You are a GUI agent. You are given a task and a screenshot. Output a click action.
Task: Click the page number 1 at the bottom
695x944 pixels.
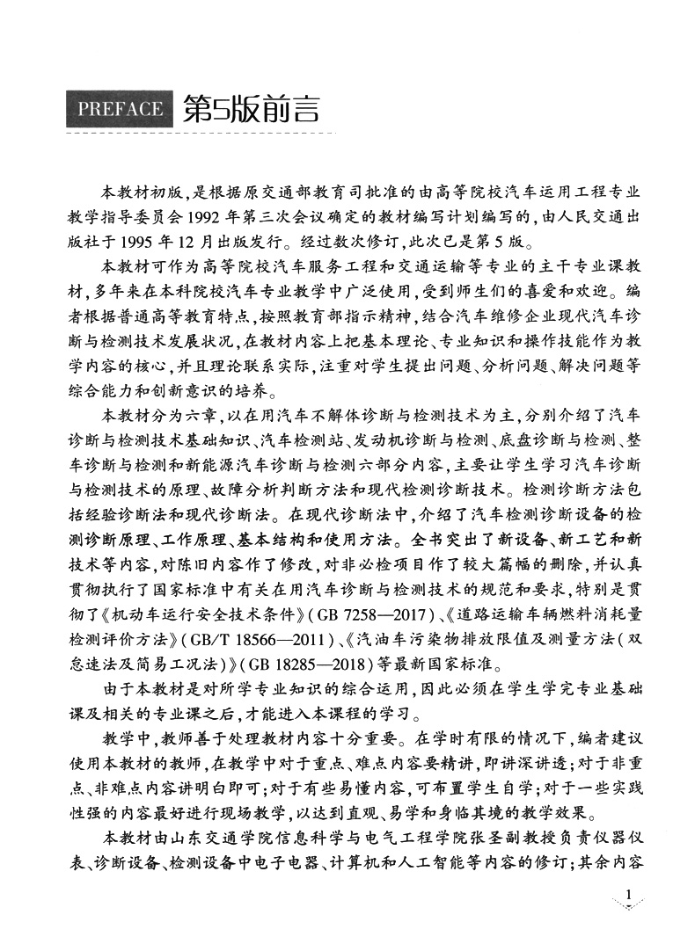[x=627, y=897]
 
